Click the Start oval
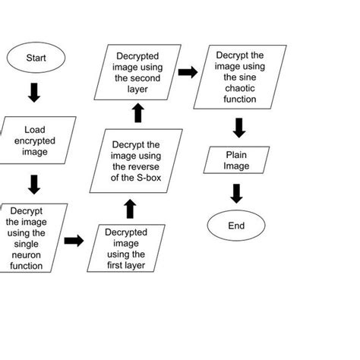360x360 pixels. click(x=36, y=58)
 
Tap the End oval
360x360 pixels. click(x=236, y=226)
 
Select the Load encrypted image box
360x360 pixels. click(x=35, y=141)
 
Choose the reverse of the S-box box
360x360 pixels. click(x=136, y=162)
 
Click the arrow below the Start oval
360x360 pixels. click(x=34, y=93)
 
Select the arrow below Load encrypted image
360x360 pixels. click(x=34, y=183)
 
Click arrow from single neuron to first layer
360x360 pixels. click(x=74, y=241)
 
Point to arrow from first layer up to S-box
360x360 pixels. click(x=130, y=209)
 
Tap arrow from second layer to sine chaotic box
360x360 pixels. click(x=186, y=72)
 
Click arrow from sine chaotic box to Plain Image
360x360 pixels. click(x=238, y=127)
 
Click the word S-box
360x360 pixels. click(x=152, y=178)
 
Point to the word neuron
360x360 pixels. click(x=30, y=254)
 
